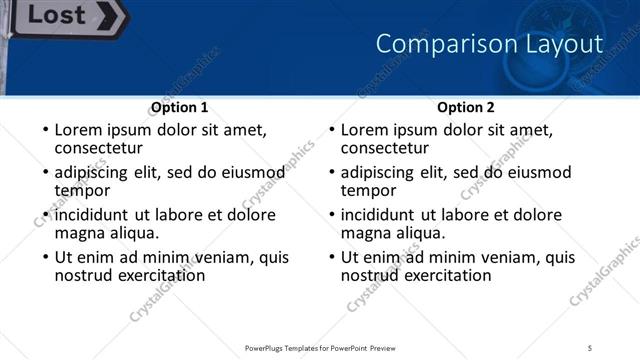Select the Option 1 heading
[179, 107]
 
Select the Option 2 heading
[465, 107]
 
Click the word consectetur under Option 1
[98, 148]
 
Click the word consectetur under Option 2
[384, 148]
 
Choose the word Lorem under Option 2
[364, 130]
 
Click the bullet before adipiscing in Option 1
[45, 173]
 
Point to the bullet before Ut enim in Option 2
[331, 258]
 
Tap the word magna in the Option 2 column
[365, 233]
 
